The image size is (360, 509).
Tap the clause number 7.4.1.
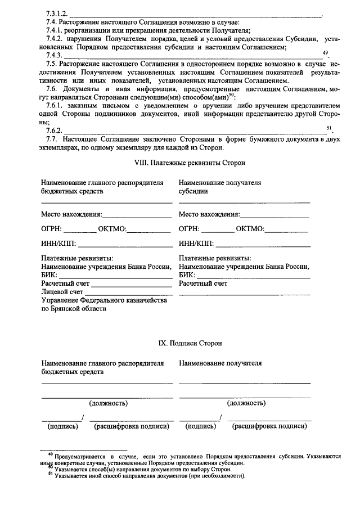tap(55, 30)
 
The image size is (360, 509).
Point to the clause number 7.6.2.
tap(55, 131)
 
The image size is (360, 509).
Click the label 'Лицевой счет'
tap(62, 292)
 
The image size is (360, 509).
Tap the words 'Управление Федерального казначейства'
tap(105, 301)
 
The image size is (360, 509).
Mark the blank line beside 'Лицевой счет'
tap(129, 293)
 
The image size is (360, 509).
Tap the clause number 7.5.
tap(53, 64)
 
